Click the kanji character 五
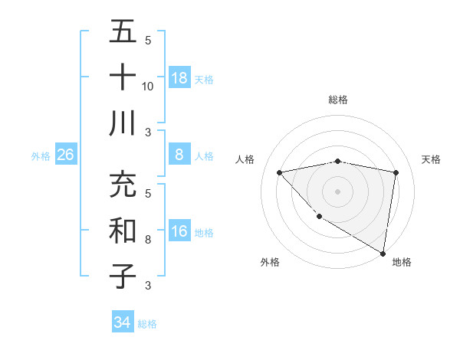123,31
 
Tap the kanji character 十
123,77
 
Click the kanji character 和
123,231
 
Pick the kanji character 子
123,277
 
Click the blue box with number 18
179,78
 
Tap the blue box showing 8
179,155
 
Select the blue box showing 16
179,231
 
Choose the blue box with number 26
65,155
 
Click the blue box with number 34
122,322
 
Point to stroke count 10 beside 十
148,87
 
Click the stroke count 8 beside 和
148,240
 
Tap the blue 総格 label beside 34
147,324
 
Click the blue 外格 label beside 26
41,156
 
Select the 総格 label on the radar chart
338,100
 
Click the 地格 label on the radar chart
402,262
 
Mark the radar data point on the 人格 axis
280,172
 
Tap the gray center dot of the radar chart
338,191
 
